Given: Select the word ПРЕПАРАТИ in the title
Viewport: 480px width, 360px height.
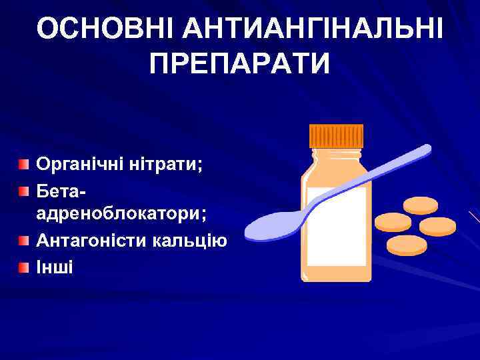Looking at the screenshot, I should coord(240,65).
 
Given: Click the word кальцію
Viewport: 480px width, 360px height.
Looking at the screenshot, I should coord(196,240).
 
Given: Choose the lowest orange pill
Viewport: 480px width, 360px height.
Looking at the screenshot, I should coord(406,244).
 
